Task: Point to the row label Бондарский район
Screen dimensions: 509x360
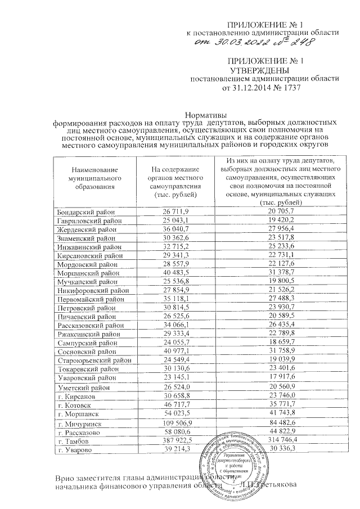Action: [85, 211]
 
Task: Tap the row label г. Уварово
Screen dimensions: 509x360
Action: [77, 449]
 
